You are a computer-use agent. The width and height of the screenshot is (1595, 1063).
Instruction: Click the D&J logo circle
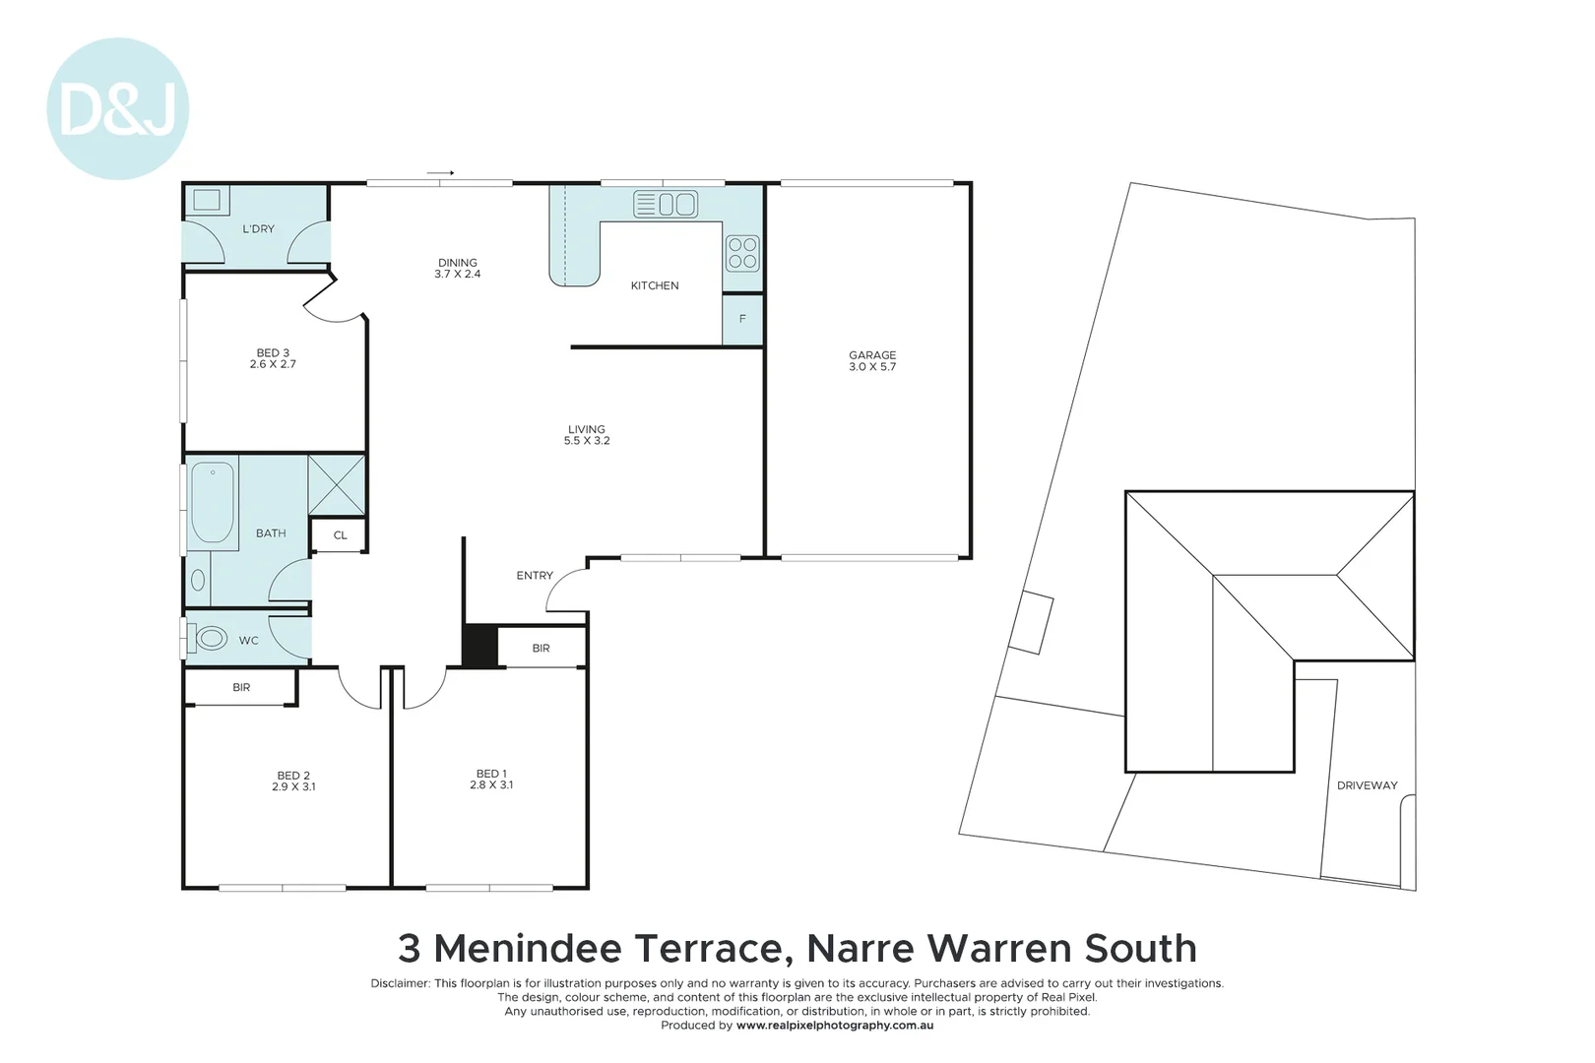(x=117, y=109)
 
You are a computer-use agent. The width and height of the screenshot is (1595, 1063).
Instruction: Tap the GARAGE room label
(x=872, y=355)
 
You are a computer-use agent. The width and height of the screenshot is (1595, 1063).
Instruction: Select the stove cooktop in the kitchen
(x=742, y=253)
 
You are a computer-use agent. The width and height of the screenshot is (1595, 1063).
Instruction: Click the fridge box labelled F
(x=742, y=319)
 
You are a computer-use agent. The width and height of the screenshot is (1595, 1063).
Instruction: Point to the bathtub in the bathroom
(x=212, y=502)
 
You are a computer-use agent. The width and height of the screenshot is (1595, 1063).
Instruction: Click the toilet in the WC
(x=210, y=639)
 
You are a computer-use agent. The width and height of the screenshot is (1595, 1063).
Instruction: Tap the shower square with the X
(x=336, y=484)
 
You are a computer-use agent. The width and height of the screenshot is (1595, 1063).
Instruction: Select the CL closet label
(x=340, y=535)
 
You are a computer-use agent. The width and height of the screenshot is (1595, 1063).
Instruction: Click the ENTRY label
(x=535, y=576)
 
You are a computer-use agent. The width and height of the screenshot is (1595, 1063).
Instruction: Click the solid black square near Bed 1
(x=479, y=646)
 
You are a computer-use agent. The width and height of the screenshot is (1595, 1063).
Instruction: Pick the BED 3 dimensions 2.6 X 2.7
(x=273, y=364)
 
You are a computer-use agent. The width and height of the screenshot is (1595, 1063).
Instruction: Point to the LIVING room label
(x=586, y=429)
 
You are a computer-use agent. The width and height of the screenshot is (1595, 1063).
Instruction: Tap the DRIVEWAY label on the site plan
(x=1367, y=785)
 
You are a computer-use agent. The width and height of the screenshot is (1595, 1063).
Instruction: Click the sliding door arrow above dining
(x=440, y=173)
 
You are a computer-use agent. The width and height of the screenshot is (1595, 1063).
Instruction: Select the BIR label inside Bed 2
(x=241, y=687)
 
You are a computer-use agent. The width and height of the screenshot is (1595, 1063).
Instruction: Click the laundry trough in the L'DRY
(x=207, y=201)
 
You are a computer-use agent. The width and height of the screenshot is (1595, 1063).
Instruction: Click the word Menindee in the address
(x=528, y=949)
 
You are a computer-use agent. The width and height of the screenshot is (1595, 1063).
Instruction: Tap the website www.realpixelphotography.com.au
(x=834, y=1026)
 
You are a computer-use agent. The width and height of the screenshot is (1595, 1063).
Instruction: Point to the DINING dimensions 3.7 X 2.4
(x=457, y=275)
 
